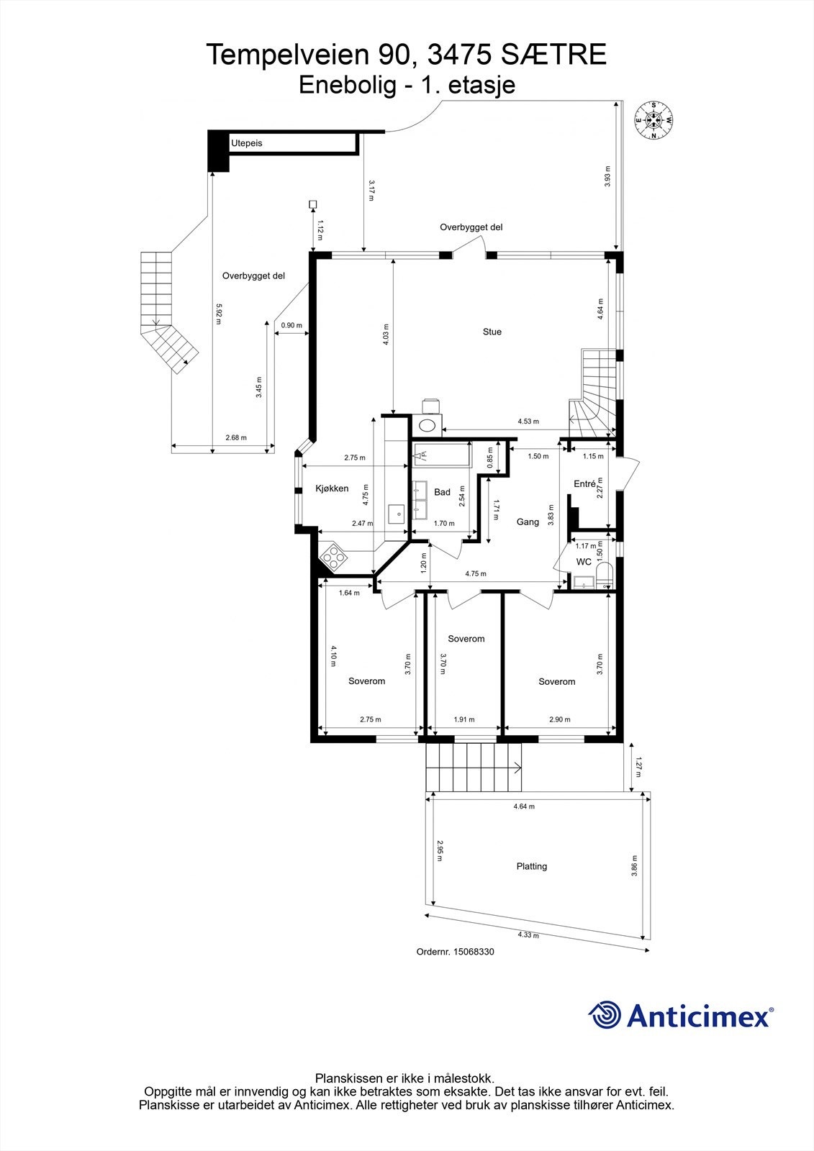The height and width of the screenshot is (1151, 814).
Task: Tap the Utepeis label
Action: (x=246, y=144)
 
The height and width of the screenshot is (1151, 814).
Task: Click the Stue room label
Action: (x=492, y=332)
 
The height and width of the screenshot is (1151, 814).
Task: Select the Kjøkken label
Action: (x=332, y=488)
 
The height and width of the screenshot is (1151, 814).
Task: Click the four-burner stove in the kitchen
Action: (x=334, y=555)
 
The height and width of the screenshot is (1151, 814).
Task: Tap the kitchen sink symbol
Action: (x=396, y=513)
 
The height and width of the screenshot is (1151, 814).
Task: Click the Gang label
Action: (x=528, y=522)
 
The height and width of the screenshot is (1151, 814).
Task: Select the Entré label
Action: (x=584, y=484)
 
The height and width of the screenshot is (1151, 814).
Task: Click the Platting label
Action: (x=532, y=866)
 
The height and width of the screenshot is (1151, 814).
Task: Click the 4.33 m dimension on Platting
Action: (x=528, y=935)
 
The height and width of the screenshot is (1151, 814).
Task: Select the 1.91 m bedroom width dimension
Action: (x=464, y=719)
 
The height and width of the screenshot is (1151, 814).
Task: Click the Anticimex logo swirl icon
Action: (x=605, y=1016)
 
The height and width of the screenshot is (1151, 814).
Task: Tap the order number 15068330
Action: (x=474, y=952)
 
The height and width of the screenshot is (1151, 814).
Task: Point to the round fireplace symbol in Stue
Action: (x=428, y=424)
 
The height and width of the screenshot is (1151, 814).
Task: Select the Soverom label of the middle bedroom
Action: (x=466, y=639)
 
